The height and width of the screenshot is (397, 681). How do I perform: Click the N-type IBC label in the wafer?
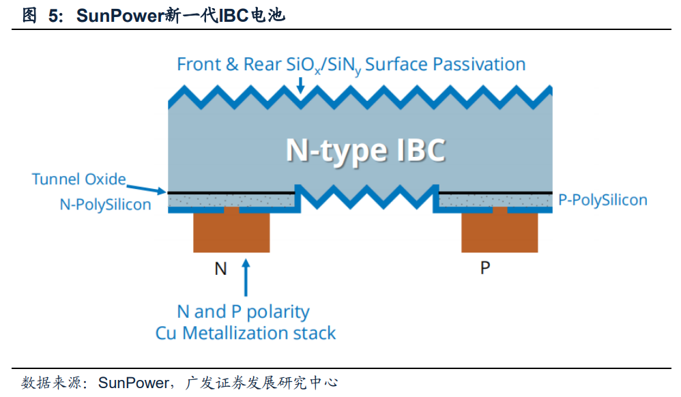coord(365,150)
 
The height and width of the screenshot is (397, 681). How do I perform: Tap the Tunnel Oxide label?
coord(78,179)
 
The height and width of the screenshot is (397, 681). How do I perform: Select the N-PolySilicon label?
coord(105,204)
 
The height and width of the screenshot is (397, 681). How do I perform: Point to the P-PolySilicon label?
coord(602,200)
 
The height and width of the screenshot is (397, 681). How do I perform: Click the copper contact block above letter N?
coord(231,233)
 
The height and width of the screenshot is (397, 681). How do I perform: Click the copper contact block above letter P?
coord(499,233)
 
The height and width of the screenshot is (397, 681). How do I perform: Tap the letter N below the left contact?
coord(220,269)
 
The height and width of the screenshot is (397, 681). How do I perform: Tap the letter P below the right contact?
coord(485,268)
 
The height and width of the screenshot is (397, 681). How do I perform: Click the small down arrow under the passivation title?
coord(300,86)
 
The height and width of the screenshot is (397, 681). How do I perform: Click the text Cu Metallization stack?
coord(246,333)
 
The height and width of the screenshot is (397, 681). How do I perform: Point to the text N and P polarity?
coord(243,312)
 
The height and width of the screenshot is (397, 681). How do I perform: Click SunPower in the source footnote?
coord(132,383)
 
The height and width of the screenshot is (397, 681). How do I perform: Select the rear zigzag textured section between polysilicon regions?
coord(366,197)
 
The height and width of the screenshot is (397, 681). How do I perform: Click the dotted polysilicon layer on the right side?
coord(495,200)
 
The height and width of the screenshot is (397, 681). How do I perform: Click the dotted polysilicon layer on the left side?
coord(232,200)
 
